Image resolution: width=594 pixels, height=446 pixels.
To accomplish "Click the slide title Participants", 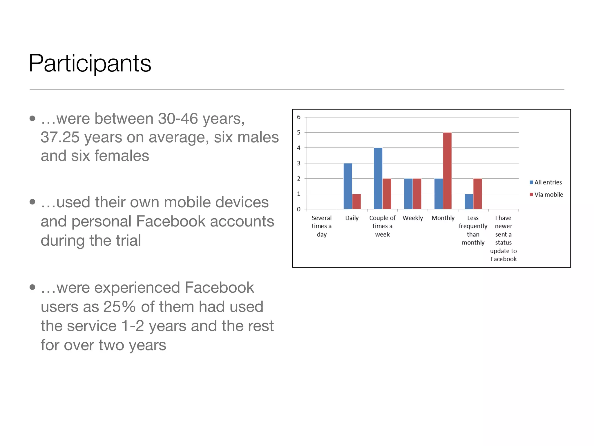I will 90,63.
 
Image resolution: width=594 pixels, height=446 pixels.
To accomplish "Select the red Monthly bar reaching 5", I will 447,171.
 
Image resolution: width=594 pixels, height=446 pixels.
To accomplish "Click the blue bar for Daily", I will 348,186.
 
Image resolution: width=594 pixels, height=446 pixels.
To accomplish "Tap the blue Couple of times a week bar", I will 378,178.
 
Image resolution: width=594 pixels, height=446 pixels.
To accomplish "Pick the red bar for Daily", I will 356,202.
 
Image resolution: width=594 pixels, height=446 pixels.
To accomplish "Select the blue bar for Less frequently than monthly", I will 469,202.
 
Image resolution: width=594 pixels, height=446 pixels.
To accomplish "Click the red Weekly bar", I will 417,194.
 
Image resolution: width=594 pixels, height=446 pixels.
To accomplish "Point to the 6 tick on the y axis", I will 299,117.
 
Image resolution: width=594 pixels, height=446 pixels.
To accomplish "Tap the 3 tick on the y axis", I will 299,163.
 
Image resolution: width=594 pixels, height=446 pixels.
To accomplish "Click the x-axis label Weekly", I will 413,218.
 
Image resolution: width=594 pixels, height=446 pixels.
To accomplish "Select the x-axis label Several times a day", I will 322,226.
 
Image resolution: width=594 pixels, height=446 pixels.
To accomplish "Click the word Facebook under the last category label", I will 504,259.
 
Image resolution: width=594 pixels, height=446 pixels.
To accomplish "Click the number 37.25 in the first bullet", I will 60,137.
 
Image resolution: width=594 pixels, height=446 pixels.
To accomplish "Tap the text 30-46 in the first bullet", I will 178,119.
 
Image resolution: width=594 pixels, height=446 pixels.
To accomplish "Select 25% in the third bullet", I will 120,307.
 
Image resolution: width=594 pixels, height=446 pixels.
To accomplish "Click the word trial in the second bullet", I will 128,241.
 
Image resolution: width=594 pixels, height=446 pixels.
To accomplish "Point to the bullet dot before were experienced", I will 32,287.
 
